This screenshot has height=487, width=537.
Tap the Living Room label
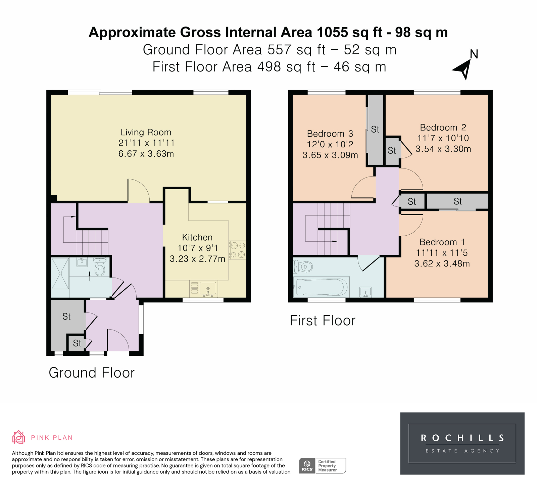point(146,132)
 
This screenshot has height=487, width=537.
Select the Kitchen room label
point(197,237)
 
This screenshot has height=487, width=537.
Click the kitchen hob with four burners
point(237,250)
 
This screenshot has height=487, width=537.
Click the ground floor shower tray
point(60,274)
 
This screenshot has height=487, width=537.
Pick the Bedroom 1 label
point(442,242)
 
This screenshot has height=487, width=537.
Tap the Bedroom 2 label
point(443,128)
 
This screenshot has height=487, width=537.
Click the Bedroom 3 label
point(330,134)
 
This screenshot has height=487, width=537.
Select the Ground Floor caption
point(92,373)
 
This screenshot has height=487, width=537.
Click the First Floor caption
point(323,321)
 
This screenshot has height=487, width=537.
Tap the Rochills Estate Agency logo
point(462,443)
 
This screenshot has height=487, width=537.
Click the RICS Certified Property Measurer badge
point(322,466)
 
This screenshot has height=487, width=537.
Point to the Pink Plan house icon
point(18,437)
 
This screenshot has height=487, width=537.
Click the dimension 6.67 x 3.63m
point(146,154)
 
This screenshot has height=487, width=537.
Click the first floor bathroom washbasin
point(365,292)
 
